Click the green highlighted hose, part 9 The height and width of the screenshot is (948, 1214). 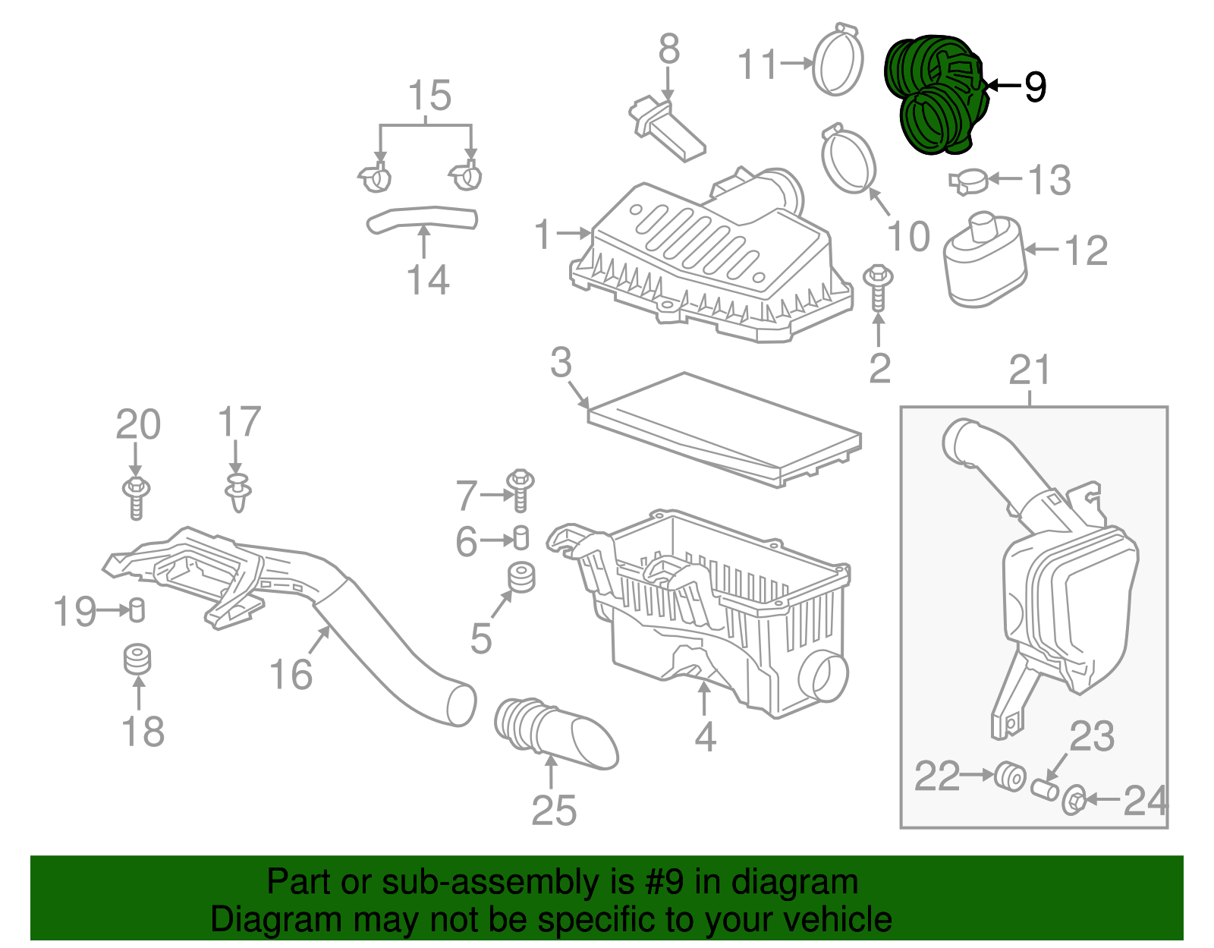[x=937, y=95]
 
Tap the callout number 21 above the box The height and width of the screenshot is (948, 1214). [x=1030, y=371]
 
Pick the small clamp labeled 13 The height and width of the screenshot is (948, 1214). [x=968, y=181]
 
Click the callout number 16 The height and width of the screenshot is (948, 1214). [x=291, y=674]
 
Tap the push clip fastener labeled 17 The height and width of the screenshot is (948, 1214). [x=237, y=492]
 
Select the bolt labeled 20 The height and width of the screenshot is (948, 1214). [x=136, y=496]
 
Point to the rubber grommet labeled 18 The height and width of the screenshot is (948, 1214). [x=137, y=659]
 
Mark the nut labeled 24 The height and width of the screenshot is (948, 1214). [x=1074, y=801]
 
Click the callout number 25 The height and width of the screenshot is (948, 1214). [x=554, y=811]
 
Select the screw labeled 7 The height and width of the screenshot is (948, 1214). [x=521, y=490]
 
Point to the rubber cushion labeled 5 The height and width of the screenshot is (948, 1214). [x=521, y=578]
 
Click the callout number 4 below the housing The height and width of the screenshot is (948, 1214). [x=705, y=736]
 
